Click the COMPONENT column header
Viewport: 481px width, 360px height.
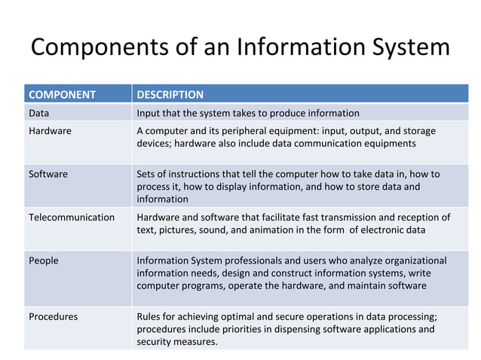point(62,95)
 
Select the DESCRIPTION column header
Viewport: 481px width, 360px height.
point(170,95)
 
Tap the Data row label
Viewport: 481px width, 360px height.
point(39,114)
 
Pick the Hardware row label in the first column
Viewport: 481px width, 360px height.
point(50,131)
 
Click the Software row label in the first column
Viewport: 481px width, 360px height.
point(48,174)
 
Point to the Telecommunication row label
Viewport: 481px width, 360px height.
point(72,218)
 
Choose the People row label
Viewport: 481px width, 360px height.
point(44,261)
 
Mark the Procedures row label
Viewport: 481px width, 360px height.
point(53,316)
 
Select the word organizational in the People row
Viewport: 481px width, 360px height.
point(413,261)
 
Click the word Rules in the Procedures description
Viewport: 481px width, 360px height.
point(149,316)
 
